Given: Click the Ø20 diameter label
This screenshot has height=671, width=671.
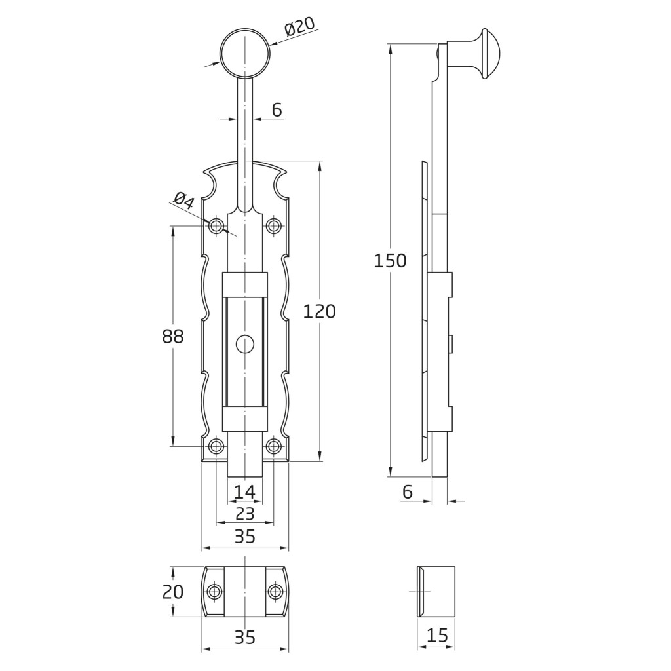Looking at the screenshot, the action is coord(299,28).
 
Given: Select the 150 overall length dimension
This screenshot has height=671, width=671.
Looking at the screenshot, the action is coord(390,261).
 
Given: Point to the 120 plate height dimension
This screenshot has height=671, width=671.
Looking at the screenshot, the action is coord(319,311).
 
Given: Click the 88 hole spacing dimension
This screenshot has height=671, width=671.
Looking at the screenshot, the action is coord(173,336).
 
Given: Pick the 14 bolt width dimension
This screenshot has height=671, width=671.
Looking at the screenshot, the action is coord(245,492).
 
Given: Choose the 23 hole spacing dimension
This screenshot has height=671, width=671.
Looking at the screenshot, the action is coord(245,514).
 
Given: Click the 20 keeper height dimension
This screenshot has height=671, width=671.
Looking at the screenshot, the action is coord(173,592).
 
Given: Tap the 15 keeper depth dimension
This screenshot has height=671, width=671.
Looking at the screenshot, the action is coord(437,635).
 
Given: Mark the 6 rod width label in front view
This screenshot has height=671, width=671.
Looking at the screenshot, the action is coord(277,110).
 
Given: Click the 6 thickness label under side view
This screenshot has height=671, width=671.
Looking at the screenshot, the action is coord(408,492).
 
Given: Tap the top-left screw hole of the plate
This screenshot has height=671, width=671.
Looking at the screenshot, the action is coord(216,225).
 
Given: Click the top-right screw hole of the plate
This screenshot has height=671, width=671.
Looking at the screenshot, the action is coord(273,225).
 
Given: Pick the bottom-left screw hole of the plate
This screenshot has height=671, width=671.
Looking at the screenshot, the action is coord(216,446).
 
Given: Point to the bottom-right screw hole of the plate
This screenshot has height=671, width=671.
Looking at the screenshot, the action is coord(273,446).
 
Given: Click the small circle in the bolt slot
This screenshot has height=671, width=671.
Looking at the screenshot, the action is coord(245,344).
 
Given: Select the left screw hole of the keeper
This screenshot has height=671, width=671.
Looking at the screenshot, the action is coord(214,592).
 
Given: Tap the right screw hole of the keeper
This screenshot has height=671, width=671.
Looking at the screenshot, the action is coord(276,592).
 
